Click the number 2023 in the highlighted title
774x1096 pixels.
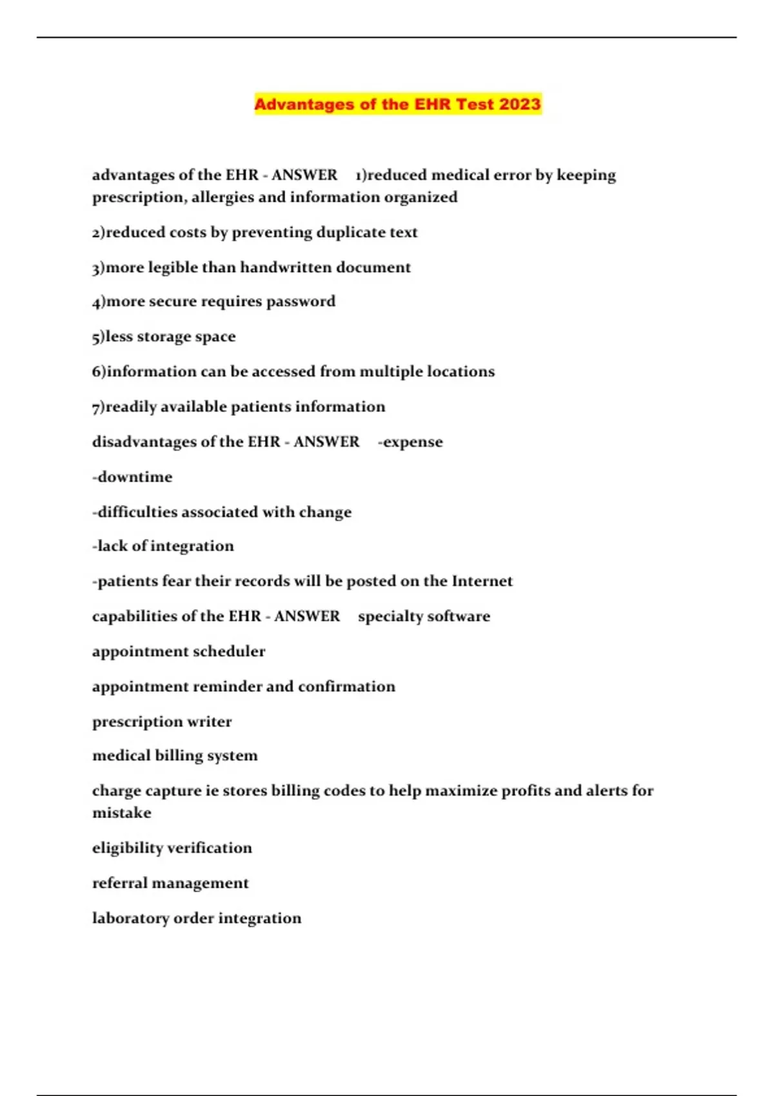click(x=519, y=104)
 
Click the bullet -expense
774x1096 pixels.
click(x=410, y=442)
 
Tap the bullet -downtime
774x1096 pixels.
click(x=132, y=477)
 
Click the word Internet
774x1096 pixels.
click(x=482, y=581)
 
